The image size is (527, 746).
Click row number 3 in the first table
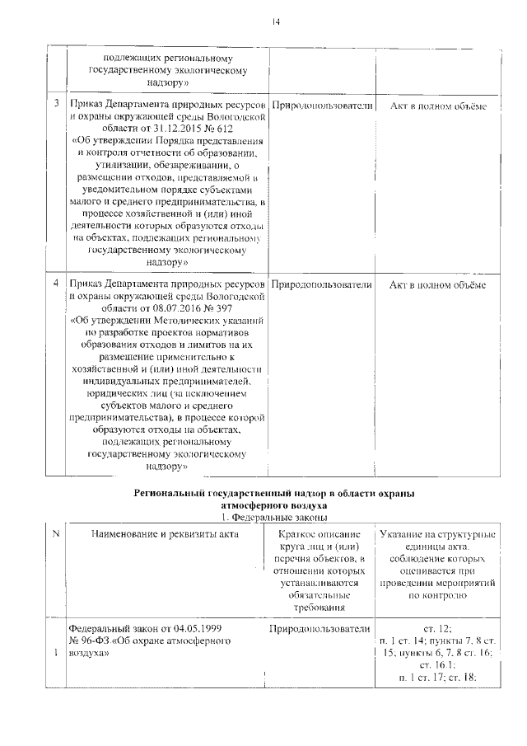coord(56,106)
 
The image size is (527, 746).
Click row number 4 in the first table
coord(56,285)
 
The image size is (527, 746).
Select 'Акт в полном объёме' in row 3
coord(437,106)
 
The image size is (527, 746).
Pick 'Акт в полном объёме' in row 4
coord(437,285)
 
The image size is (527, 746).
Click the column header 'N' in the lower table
coord(56,535)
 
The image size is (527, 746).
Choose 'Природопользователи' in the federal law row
coord(321,628)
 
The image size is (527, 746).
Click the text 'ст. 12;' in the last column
coord(437,628)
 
